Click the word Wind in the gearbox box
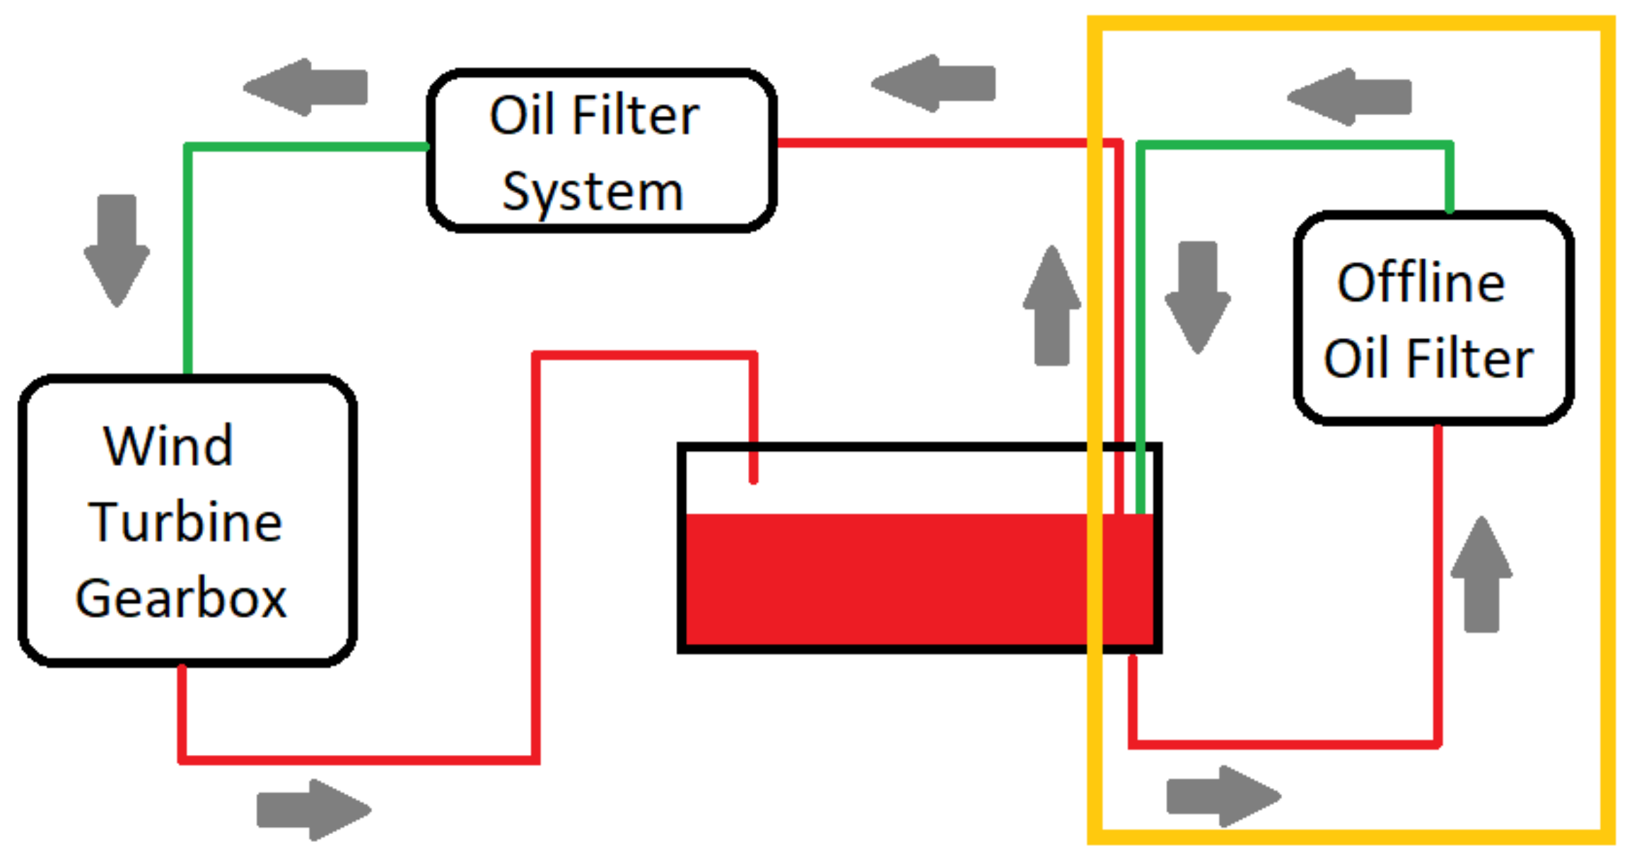tap(168, 446)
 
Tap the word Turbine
tap(185, 522)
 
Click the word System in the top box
tap(593, 192)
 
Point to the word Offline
tap(1421, 283)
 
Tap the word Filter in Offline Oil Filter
tap(1469, 358)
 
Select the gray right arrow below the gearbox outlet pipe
tap(313, 810)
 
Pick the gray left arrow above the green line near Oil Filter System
tap(305, 87)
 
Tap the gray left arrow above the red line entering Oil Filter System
tap(933, 83)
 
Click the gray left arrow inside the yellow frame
tap(1349, 97)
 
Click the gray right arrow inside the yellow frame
tap(1223, 796)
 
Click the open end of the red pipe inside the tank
tap(754, 479)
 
